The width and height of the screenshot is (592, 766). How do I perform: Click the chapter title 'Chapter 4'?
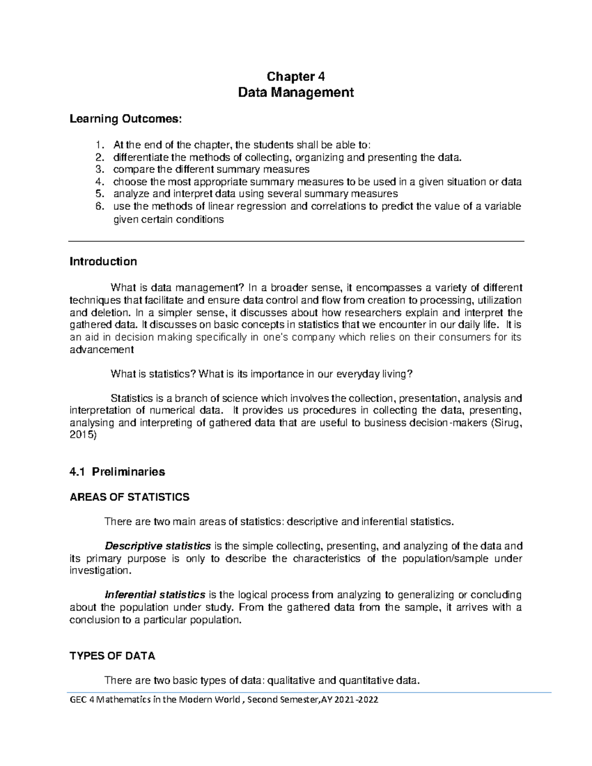(x=296, y=76)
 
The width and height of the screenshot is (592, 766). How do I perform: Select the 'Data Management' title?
(x=296, y=92)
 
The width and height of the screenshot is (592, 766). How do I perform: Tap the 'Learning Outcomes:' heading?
(x=126, y=119)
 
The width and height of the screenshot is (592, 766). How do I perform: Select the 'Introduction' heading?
(x=103, y=261)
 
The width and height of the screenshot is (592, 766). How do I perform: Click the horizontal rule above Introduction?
(x=296, y=241)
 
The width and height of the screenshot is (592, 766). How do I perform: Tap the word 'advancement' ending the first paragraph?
(x=102, y=350)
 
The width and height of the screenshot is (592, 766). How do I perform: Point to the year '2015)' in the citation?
(x=83, y=435)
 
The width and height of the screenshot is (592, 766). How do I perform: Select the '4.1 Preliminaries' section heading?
(x=117, y=472)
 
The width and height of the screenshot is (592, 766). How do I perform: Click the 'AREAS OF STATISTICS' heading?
(x=130, y=497)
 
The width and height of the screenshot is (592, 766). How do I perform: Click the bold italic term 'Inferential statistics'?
(x=155, y=595)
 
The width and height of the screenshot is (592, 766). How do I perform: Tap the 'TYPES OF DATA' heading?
(x=112, y=656)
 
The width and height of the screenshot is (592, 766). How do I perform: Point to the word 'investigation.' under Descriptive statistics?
(x=101, y=571)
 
